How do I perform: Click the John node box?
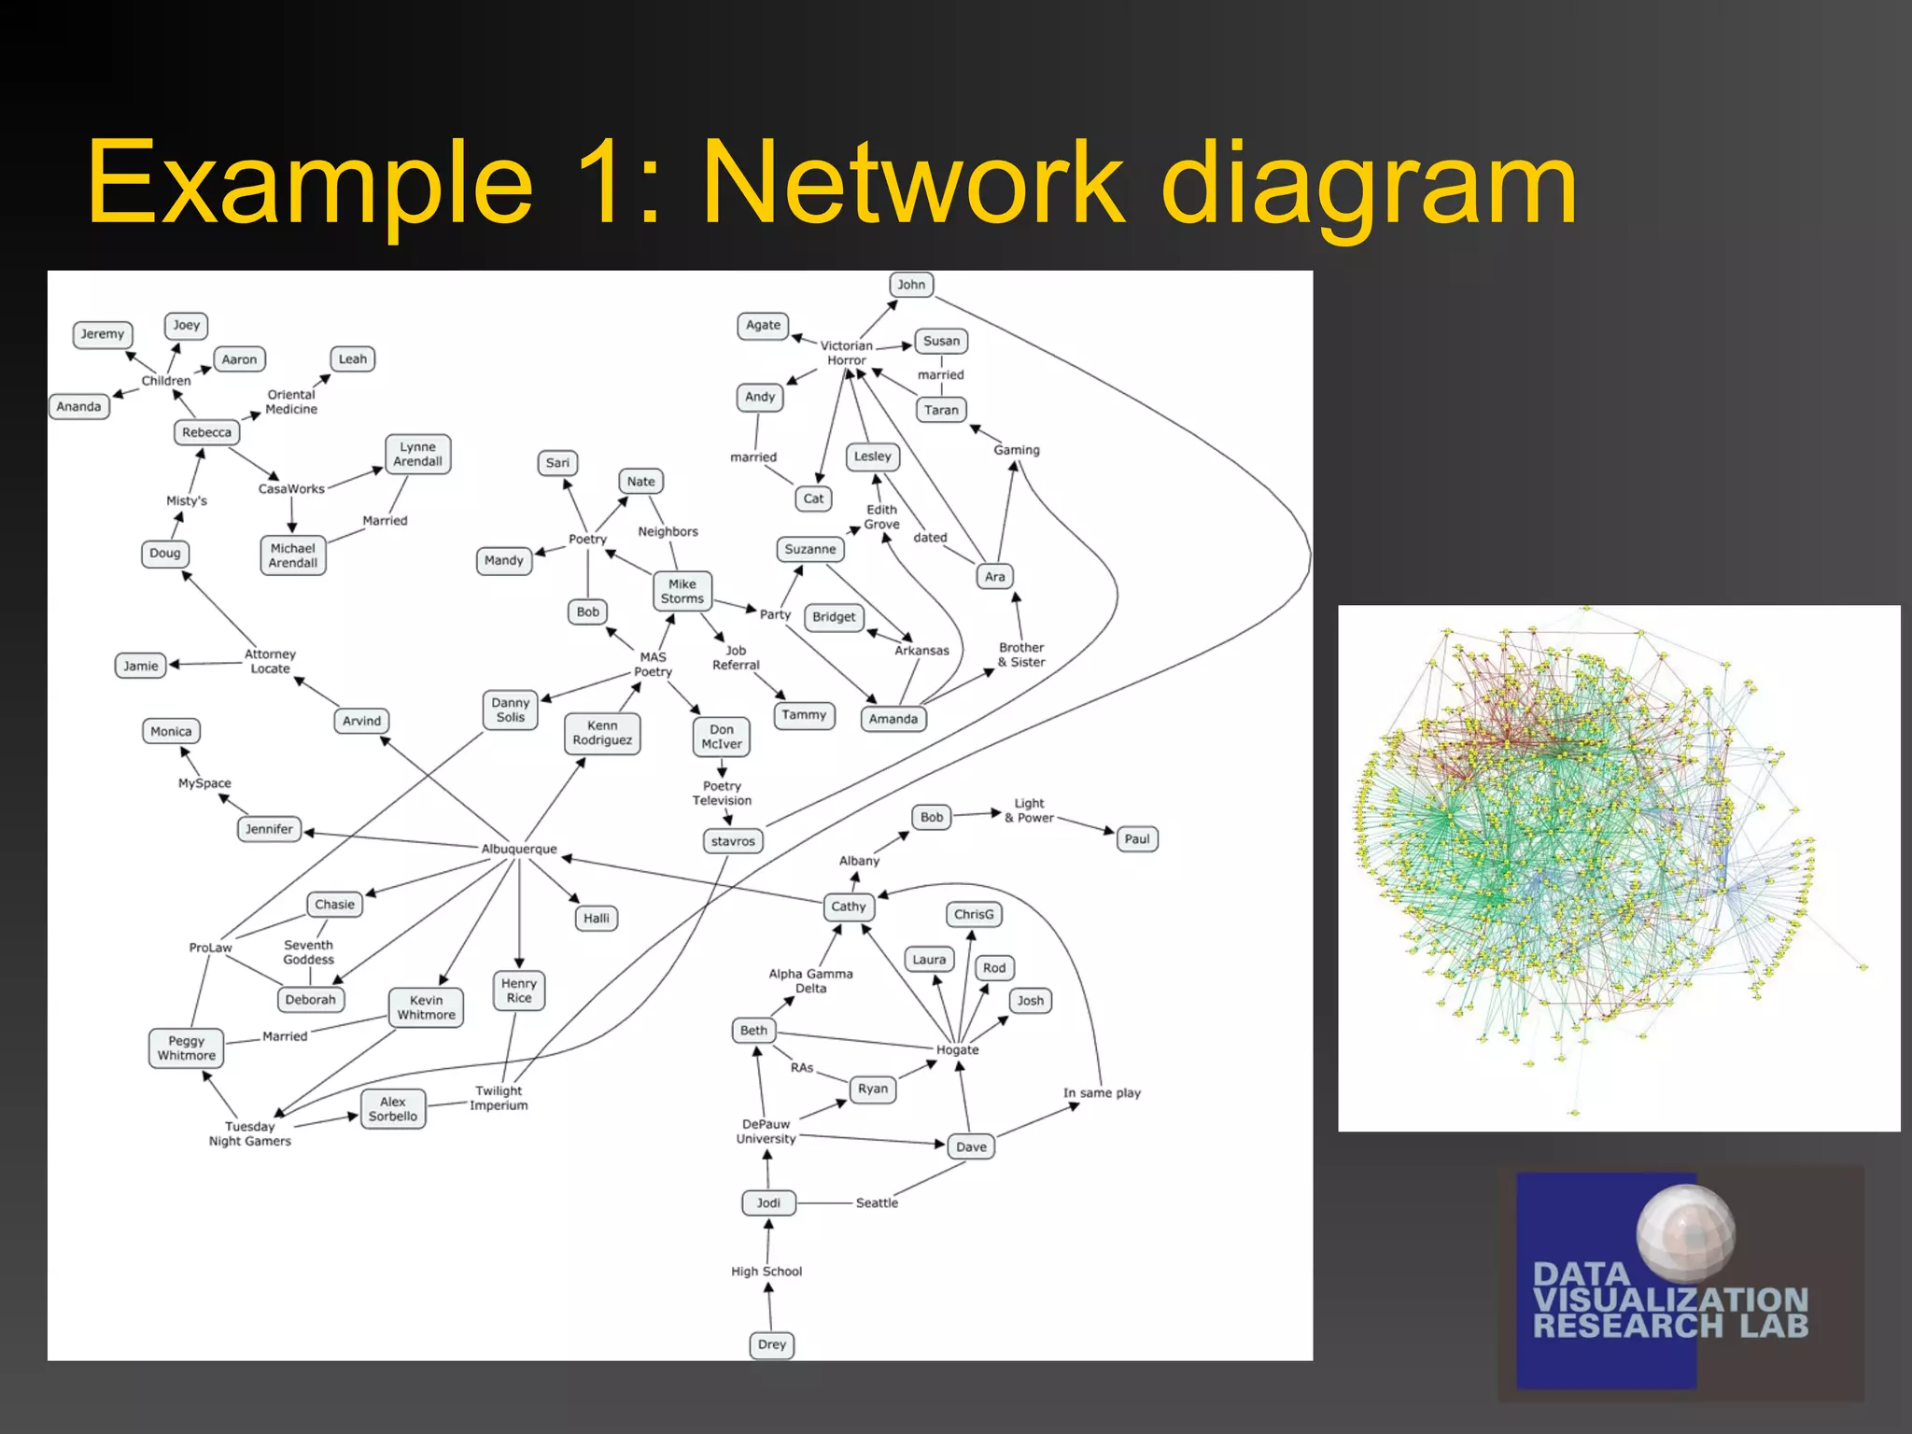coord(911,285)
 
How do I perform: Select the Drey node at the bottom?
coord(772,1344)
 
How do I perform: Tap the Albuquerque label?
coord(519,849)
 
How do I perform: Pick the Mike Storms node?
coord(682,591)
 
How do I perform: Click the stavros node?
coord(733,841)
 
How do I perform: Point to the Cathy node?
coord(849,907)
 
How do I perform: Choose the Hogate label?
coord(958,1049)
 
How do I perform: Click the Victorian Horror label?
coord(847,353)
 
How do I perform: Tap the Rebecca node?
coord(206,432)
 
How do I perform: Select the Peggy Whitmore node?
coord(187,1048)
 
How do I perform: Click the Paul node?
coord(1137,839)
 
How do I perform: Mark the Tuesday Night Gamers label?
coord(250,1133)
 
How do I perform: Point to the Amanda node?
coord(893,719)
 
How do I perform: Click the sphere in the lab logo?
coord(1686,1232)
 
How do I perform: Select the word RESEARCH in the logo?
coord(1627,1326)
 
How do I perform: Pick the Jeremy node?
coord(103,334)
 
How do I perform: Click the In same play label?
coord(1102,1093)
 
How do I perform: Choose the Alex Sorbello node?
coord(393,1109)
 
